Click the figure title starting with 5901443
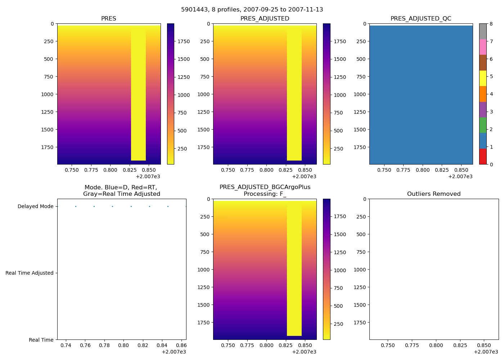click(x=252, y=10)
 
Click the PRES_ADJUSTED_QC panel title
click(x=421, y=19)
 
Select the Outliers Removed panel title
click(x=434, y=194)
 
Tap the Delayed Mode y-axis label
click(x=35, y=206)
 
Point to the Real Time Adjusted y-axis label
click(x=30, y=273)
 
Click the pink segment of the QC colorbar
click(x=483, y=47)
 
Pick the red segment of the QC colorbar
click(x=483, y=157)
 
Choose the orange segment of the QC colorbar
click(x=483, y=94)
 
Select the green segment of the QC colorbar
click(x=483, y=125)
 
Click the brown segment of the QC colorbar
click(x=483, y=63)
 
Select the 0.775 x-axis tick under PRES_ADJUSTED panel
click(x=247, y=170)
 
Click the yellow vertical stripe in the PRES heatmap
click(x=138, y=94)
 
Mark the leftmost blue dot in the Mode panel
click(x=76, y=206)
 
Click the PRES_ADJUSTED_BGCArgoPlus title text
click(x=265, y=187)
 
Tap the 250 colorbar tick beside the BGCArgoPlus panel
click(x=338, y=324)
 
